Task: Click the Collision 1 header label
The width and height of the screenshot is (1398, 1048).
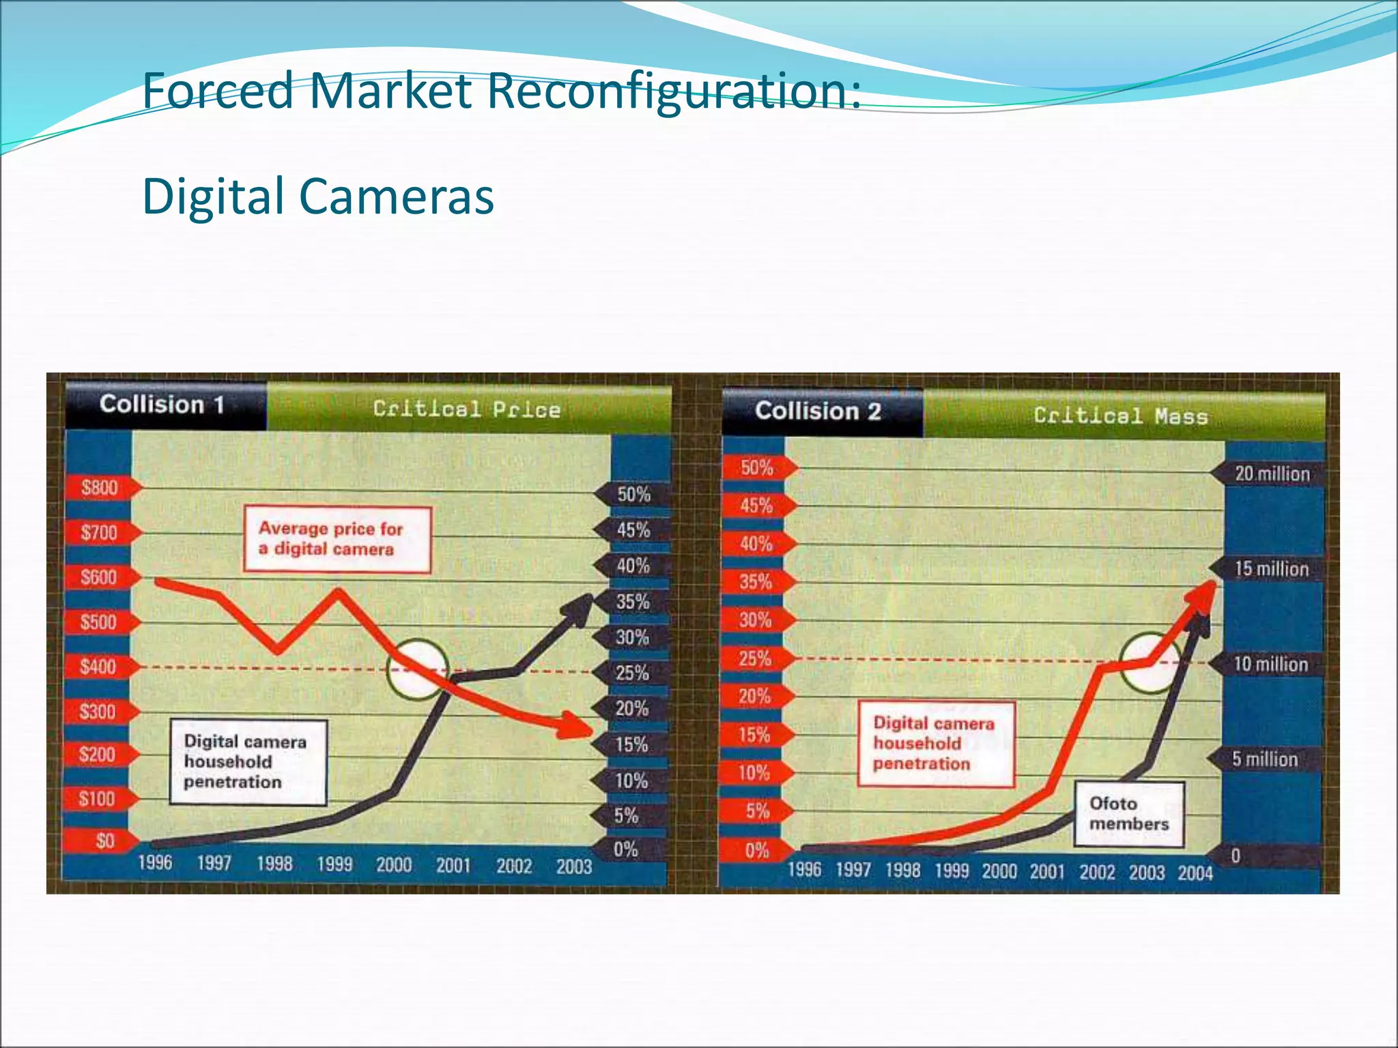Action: tap(162, 405)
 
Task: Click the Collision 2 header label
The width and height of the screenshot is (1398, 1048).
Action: tap(818, 411)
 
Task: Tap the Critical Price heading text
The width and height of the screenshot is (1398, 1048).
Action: tap(467, 409)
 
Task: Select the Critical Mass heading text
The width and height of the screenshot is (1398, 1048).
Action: tap(1120, 416)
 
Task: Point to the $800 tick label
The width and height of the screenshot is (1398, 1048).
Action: tap(100, 488)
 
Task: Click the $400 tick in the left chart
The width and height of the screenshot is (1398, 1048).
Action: tap(98, 667)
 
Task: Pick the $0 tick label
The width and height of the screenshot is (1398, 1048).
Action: tap(104, 841)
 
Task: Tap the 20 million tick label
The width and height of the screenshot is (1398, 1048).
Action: tap(1272, 474)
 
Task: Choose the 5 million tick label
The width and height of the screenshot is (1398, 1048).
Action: tap(1264, 759)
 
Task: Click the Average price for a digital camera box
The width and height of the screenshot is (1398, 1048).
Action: tap(337, 540)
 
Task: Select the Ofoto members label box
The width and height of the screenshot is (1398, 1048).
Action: tap(1128, 814)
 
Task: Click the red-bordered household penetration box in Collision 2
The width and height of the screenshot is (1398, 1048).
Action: tap(935, 744)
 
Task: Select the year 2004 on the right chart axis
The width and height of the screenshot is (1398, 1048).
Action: tap(1195, 873)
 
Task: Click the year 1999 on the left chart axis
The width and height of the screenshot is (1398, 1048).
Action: tap(334, 864)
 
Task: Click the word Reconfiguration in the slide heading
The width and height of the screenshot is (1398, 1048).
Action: tap(673, 91)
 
